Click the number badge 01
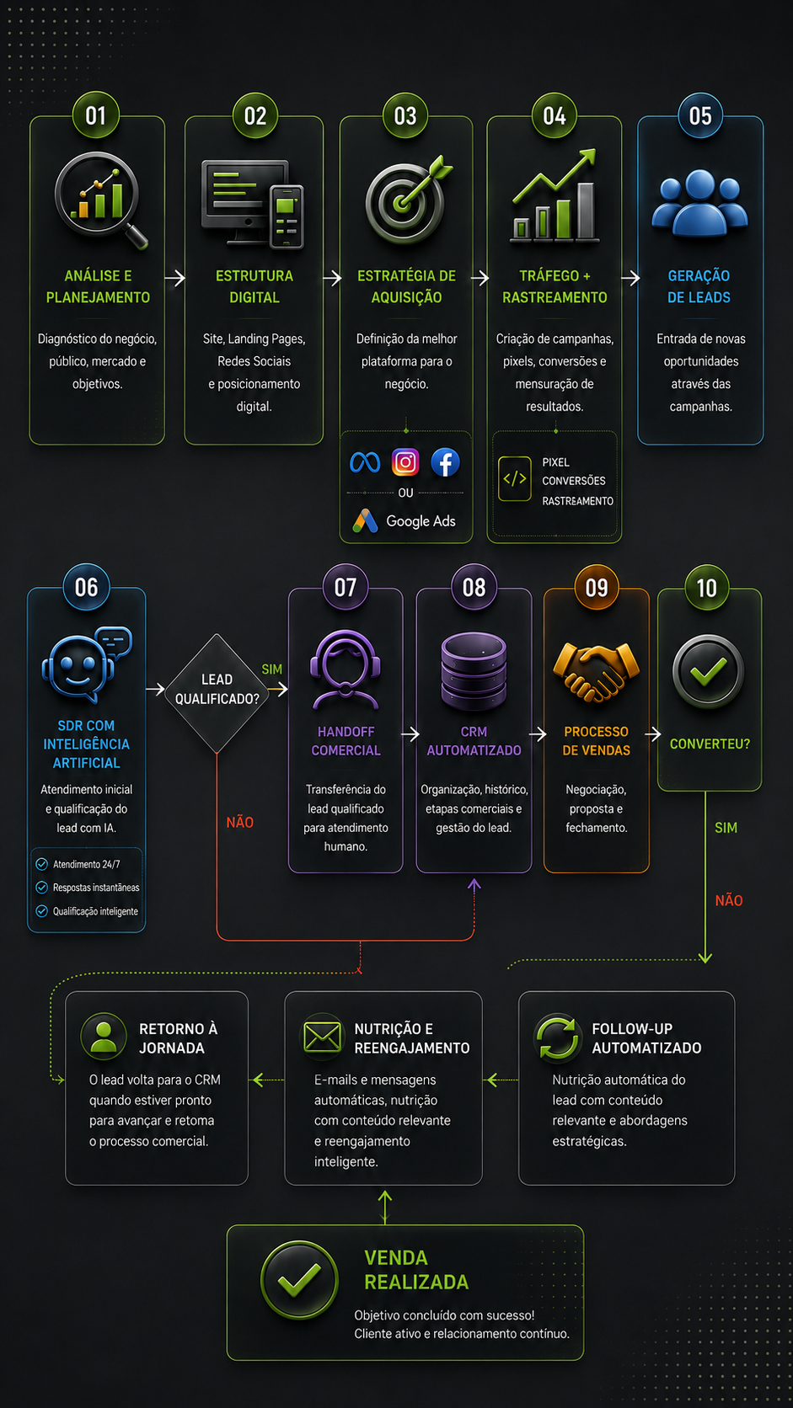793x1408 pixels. (x=95, y=115)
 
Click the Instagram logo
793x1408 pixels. (x=405, y=462)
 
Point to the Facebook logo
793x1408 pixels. (x=445, y=462)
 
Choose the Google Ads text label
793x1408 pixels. (x=421, y=521)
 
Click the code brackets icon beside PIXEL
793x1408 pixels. (x=514, y=479)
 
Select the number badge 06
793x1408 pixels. (x=87, y=587)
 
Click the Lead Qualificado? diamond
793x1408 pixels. (x=217, y=693)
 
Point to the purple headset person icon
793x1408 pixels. (x=346, y=670)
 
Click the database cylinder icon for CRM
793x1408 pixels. (x=474, y=670)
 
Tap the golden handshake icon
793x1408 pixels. (x=596, y=671)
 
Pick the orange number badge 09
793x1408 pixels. (x=597, y=587)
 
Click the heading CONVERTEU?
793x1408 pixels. (x=710, y=744)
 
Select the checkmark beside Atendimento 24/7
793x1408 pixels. (x=41, y=864)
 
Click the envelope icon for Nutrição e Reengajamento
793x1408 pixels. (x=323, y=1037)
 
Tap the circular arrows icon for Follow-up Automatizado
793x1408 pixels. (x=557, y=1037)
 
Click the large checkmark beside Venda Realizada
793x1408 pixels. (x=299, y=1280)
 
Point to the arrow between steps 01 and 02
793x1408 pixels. (x=174, y=278)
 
